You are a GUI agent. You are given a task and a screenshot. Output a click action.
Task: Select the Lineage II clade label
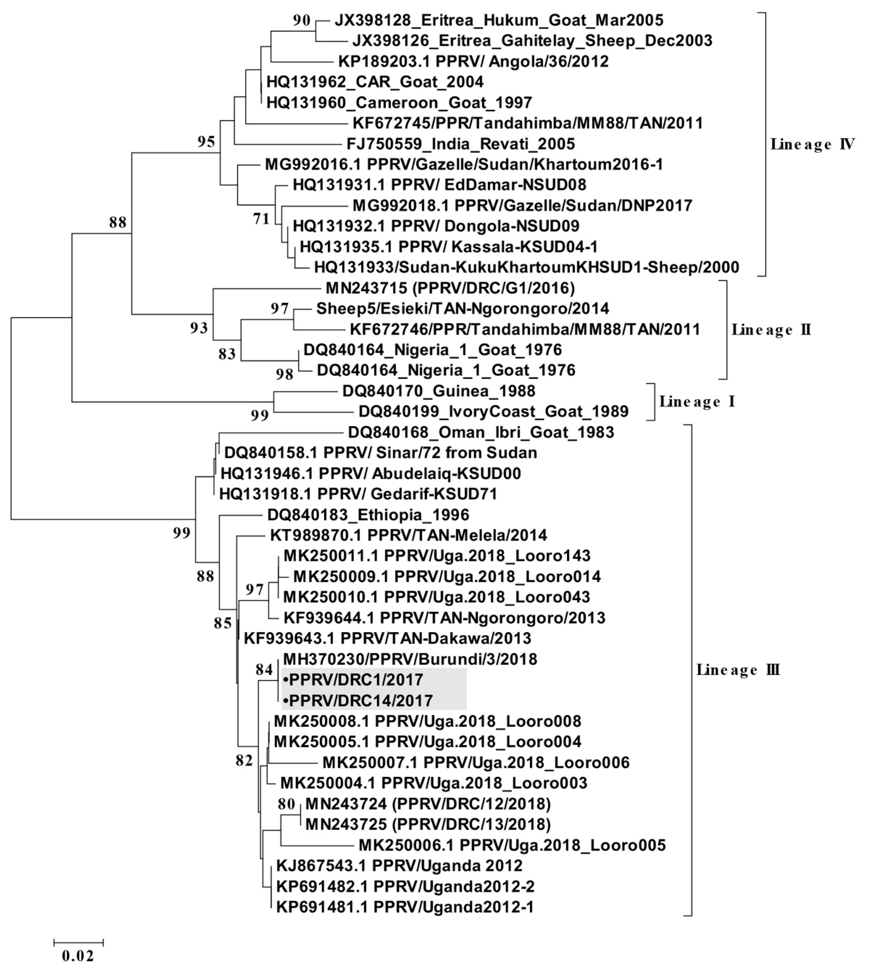(x=771, y=330)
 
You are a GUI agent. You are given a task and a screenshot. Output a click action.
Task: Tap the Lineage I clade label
(x=697, y=401)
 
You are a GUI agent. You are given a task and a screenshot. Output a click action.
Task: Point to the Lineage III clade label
(x=738, y=669)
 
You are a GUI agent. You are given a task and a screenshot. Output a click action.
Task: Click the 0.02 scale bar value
(x=78, y=955)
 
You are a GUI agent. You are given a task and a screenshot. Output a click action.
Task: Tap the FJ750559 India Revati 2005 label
(x=461, y=144)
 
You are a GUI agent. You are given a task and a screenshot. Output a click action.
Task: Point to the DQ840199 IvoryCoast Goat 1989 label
(x=493, y=412)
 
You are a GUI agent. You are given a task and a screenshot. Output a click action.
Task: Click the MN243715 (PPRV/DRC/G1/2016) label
(x=450, y=288)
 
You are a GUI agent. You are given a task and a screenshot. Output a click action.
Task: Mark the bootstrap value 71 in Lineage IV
(x=261, y=218)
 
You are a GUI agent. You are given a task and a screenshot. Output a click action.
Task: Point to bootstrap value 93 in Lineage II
(x=199, y=328)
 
